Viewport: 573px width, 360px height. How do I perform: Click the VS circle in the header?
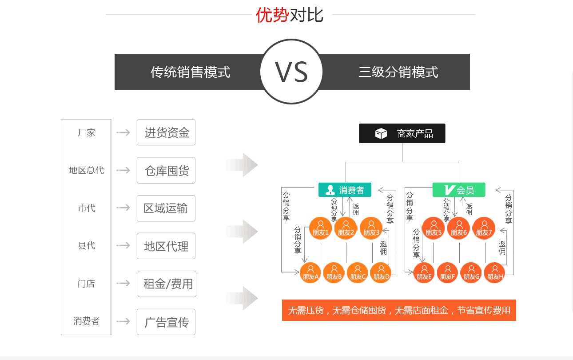click(291, 72)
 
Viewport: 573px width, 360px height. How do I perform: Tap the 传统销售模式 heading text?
click(190, 72)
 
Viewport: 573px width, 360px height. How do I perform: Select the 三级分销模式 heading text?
click(398, 72)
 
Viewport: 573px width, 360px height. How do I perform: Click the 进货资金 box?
click(166, 132)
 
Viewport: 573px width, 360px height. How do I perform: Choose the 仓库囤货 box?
click(166, 170)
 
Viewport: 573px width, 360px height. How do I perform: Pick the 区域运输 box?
click(166, 208)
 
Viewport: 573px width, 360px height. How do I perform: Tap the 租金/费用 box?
click(167, 284)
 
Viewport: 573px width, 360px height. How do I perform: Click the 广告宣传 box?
click(166, 322)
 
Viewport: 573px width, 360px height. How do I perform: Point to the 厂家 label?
click(86, 132)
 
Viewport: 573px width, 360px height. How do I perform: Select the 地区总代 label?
click(86, 170)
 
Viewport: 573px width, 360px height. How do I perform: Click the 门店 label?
click(86, 284)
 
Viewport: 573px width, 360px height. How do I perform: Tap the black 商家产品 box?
click(402, 133)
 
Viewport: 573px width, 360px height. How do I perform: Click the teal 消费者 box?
click(345, 190)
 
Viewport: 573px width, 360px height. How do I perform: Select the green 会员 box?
click(459, 190)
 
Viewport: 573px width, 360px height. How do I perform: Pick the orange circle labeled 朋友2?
click(346, 228)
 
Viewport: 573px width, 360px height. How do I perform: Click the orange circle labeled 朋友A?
click(310, 273)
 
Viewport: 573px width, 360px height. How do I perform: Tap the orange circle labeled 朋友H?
click(495, 273)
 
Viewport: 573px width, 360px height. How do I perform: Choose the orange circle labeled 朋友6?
click(459, 228)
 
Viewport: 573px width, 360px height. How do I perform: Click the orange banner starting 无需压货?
click(399, 310)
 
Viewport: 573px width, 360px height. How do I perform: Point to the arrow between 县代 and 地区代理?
click(123, 246)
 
